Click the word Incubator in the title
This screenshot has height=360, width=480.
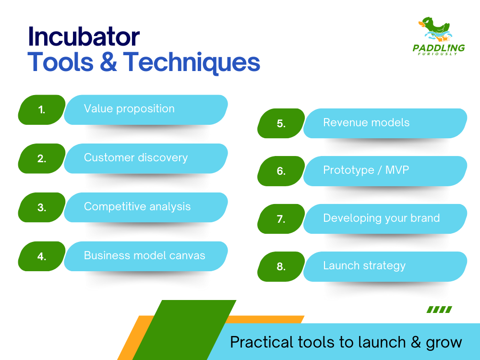tap(84, 37)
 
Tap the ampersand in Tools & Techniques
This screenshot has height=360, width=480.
tap(108, 62)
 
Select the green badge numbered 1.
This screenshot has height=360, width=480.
tap(42, 109)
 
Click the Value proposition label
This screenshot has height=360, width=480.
tap(129, 108)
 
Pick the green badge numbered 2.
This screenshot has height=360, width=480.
tap(42, 158)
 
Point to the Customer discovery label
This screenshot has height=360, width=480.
tap(136, 157)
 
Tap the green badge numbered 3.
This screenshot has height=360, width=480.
tap(42, 207)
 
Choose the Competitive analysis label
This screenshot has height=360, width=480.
tap(137, 206)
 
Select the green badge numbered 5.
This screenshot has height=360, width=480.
tap(281, 123)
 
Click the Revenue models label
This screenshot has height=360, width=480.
tap(366, 122)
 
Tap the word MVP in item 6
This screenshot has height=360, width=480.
tap(397, 169)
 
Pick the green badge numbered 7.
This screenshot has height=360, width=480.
tap(281, 219)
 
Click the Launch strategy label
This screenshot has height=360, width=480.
tap(364, 266)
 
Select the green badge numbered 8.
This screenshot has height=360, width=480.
tap(281, 266)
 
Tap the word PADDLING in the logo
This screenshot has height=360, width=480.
tap(439, 48)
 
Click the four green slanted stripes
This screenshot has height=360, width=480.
tap(439, 310)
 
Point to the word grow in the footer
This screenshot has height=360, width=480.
tap(444, 343)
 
